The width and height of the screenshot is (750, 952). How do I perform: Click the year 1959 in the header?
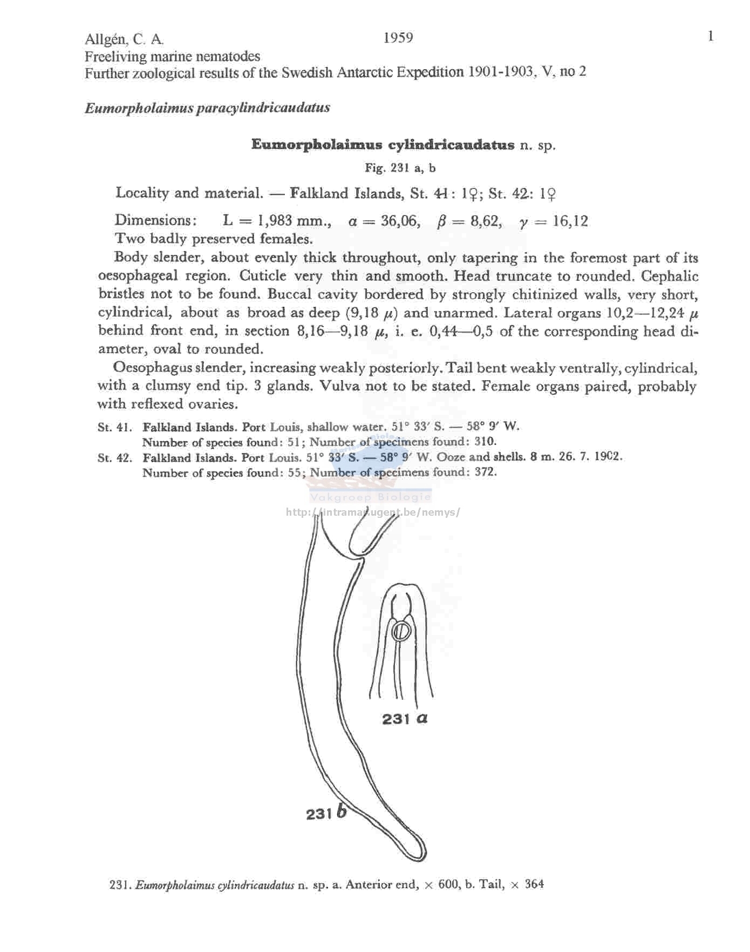pos(398,38)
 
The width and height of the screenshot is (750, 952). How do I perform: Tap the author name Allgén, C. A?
pos(124,39)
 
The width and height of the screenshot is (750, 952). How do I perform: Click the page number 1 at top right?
pos(711,36)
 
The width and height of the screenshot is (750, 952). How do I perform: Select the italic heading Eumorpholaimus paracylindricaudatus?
pos(207,108)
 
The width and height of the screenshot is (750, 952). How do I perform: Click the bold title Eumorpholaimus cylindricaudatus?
pos(383,145)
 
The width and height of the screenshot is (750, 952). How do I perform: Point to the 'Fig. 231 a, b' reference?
pos(400,168)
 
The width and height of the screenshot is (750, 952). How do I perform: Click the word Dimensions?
pos(154,221)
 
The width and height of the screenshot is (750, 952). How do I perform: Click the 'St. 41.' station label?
pos(114,428)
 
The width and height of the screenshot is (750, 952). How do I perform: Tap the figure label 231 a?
pos(405,719)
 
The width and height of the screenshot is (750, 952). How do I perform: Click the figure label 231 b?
pos(326,813)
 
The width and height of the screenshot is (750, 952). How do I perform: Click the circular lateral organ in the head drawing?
pos(401,631)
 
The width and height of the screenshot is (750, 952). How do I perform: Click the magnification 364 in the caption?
pos(534,885)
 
